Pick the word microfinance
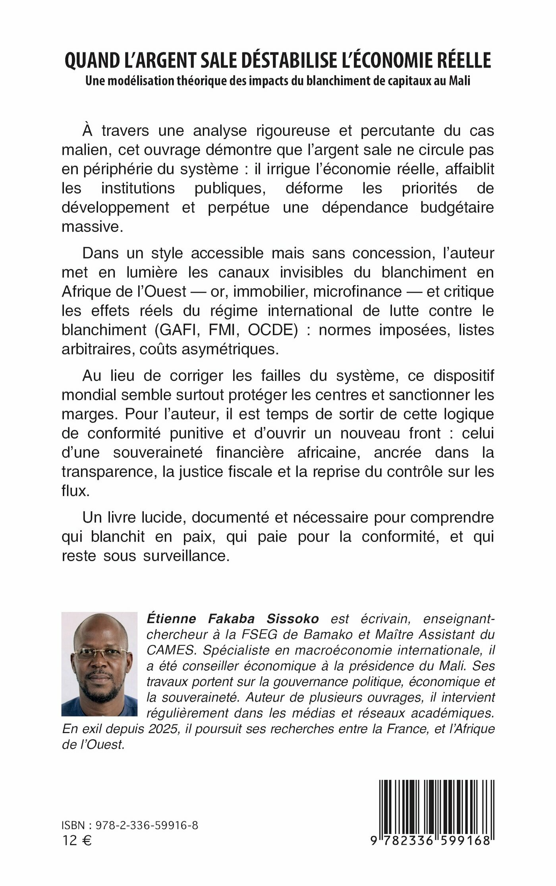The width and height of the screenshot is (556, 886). (x=357, y=291)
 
